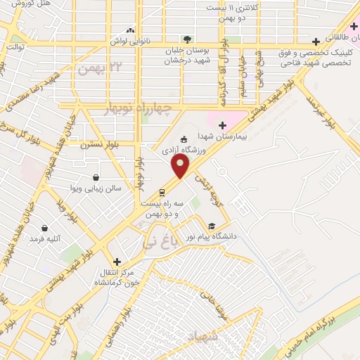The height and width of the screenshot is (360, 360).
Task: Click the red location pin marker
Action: click(x=181, y=167)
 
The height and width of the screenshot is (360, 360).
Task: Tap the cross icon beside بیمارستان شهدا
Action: click(x=223, y=125)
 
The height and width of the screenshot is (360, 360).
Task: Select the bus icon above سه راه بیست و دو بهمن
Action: click(x=162, y=191)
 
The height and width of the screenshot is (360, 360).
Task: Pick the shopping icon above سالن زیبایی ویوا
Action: click(x=96, y=177)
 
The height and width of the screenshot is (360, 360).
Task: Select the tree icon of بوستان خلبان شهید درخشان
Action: click(x=186, y=39)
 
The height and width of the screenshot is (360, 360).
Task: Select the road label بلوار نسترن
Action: click(x=96, y=145)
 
